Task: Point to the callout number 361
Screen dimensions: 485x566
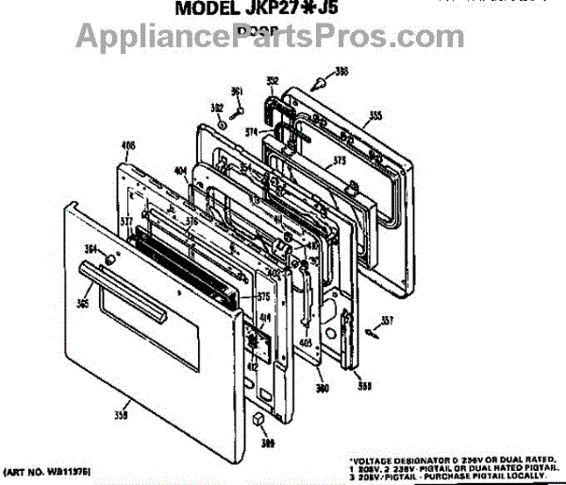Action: point(237,92)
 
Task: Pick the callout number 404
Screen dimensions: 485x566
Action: point(179,172)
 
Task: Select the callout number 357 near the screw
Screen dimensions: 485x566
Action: point(387,318)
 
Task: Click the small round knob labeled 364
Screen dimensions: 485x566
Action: point(135,259)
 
